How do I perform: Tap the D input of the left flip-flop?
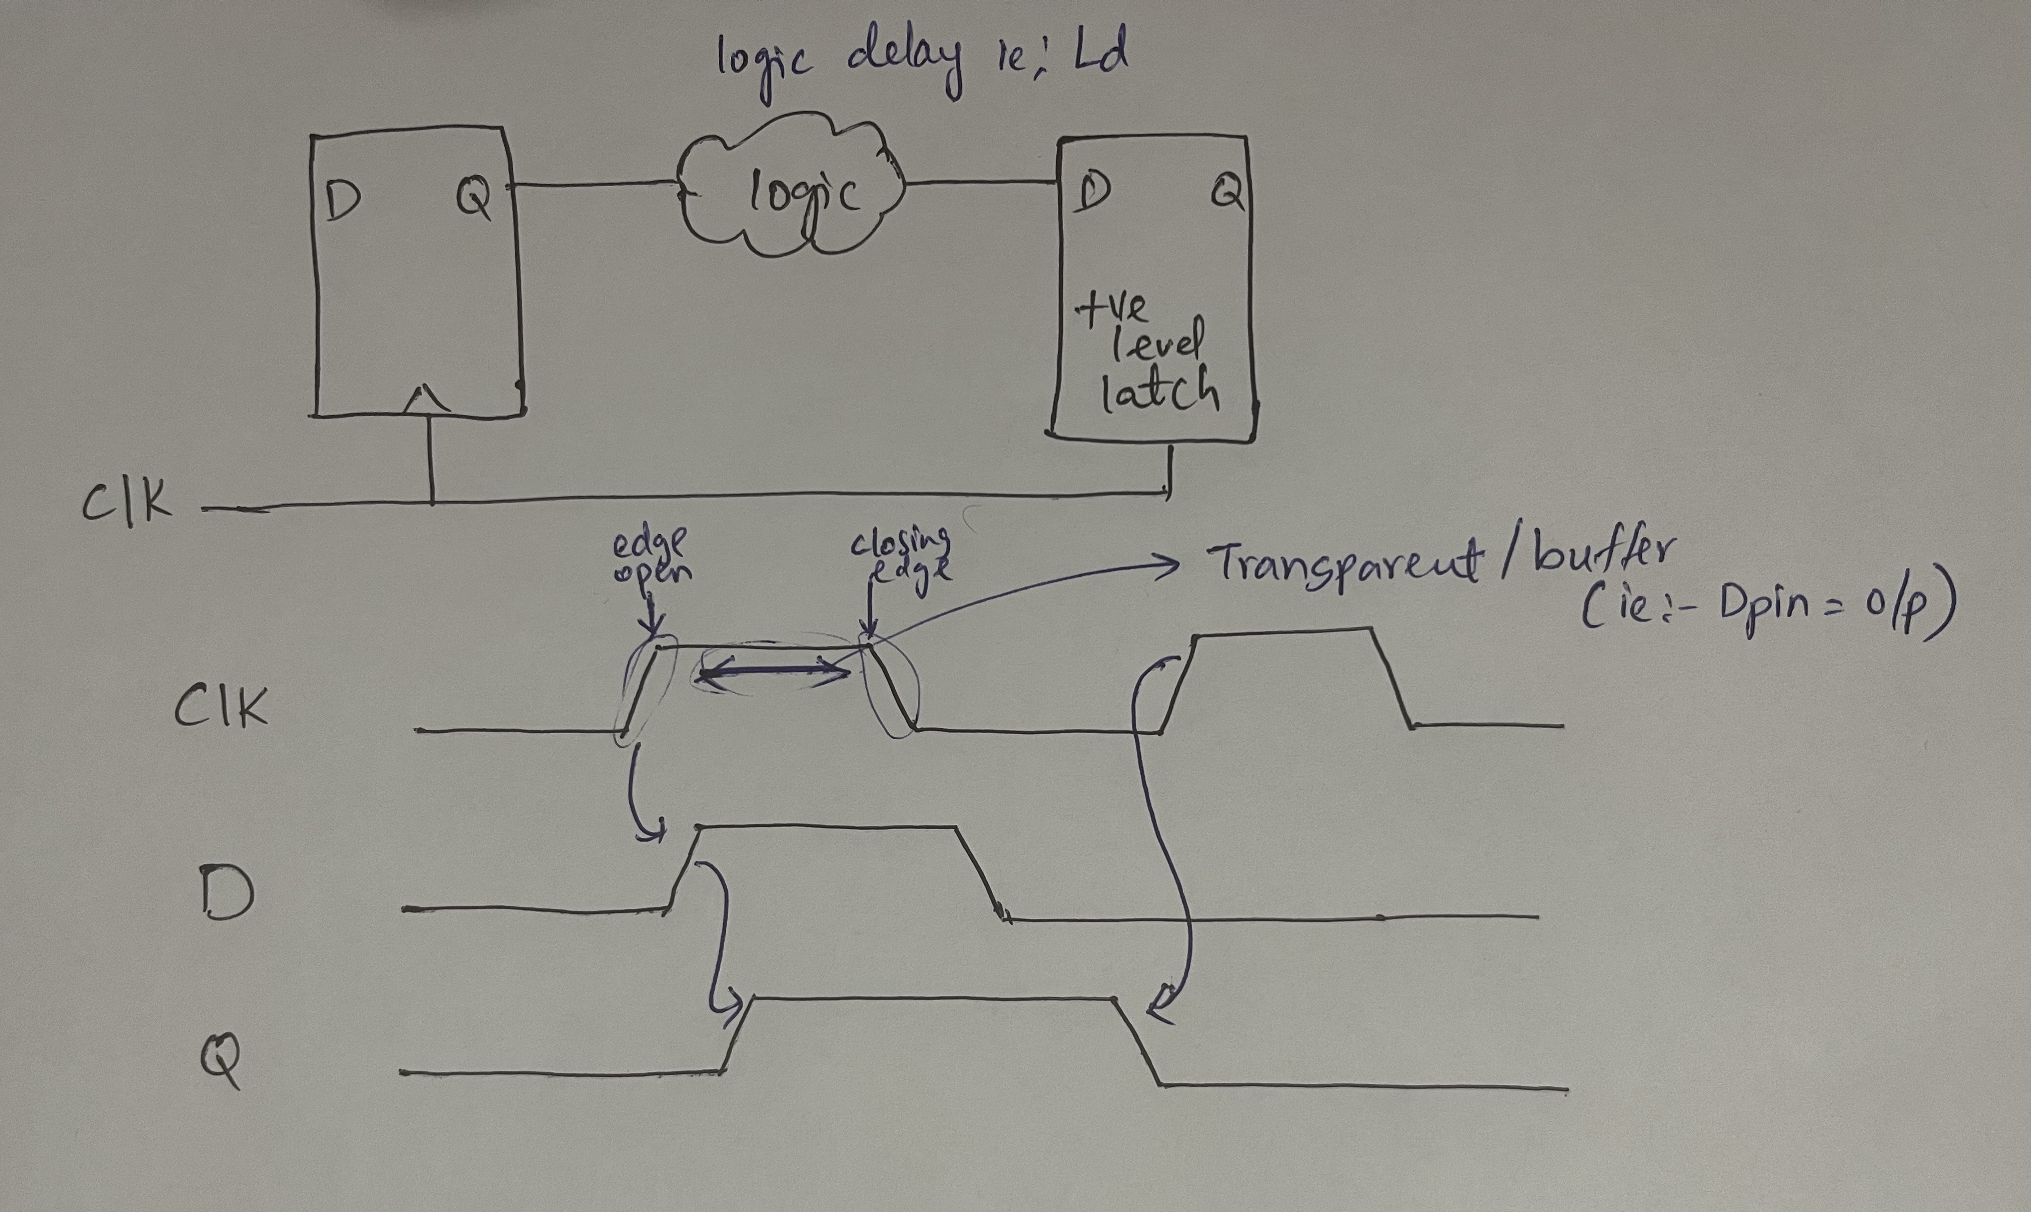[x=343, y=201]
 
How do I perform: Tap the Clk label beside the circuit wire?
[x=127, y=500]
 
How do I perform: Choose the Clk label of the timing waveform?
[x=220, y=706]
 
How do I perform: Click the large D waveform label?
[x=226, y=897]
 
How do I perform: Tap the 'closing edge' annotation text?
[x=902, y=553]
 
